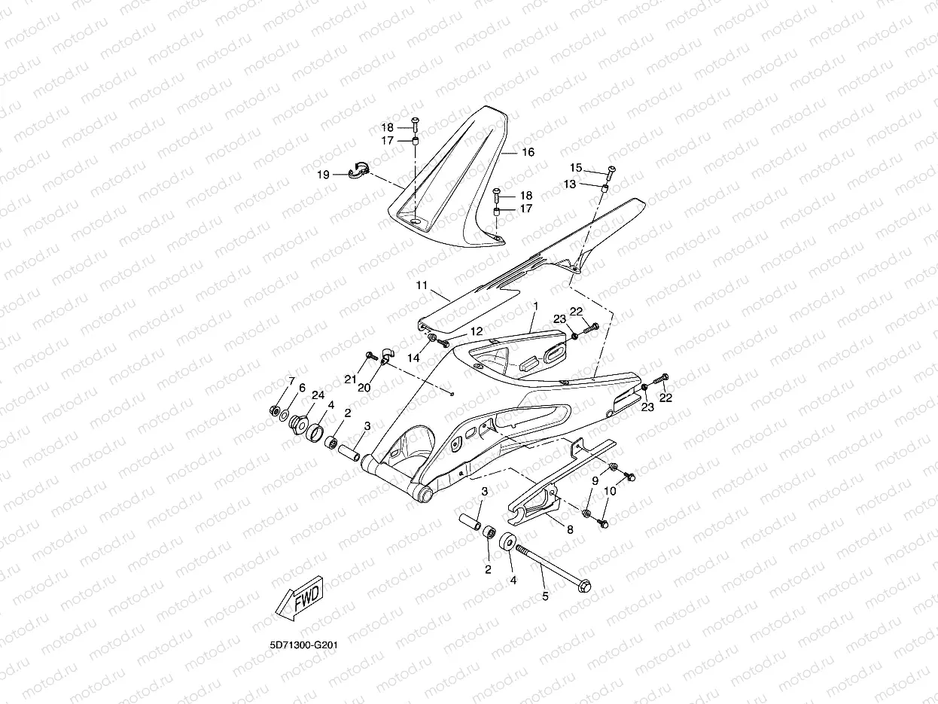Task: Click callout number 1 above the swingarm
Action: [x=535, y=307]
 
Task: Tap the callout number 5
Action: [x=545, y=596]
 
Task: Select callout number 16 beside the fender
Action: [x=528, y=152]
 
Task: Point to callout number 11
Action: [x=422, y=285]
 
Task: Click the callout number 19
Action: [x=323, y=175]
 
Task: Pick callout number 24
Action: [x=318, y=395]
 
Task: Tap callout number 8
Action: [x=570, y=529]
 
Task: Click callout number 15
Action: [x=576, y=167]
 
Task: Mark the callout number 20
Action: [x=364, y=388]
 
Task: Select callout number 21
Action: [x=350, y=379]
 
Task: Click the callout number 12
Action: [x=476, y=331]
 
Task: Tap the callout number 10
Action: [x=610, y=491]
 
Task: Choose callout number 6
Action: [x=301, y=388]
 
